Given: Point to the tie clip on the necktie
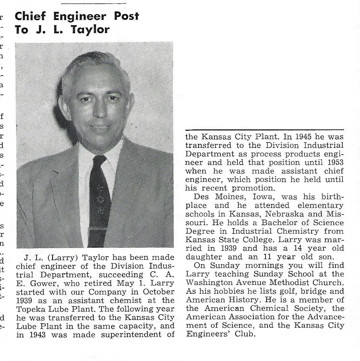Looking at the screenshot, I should pos(99,229).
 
